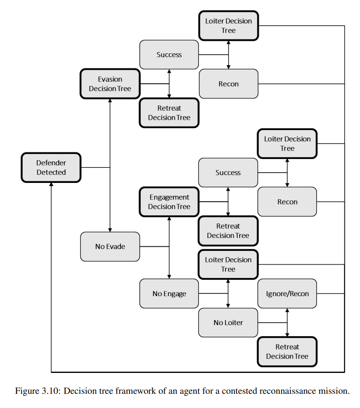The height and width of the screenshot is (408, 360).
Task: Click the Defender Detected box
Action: pyautogui.click(x=51, y=167)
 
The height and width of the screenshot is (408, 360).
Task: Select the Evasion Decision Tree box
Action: pyautogui.click(x=110, y=84)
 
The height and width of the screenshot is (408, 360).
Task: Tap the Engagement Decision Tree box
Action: pyautogui.click(x=169, y=202)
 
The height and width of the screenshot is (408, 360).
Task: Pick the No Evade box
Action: pyautogui.click(x=110, y=247)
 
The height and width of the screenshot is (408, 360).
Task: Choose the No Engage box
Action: pyautogui.click(x=169, y=293)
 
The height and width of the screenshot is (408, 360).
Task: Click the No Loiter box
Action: pyautogui.click(x=228, y=323)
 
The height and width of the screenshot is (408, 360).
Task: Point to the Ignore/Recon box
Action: pyautogui.click(x=287, y=293)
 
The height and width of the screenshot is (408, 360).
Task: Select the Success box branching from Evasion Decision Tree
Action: pyautogui.click(x=169, y=55)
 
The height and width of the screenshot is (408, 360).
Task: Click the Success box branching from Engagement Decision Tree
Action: pyautogui.click(x=228, y=173)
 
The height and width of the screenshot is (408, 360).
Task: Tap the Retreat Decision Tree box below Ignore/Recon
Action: pyautogui.click(x=287, y=352)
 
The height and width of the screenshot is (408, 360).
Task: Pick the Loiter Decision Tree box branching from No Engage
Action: pyautogui.click(x=228, y=264)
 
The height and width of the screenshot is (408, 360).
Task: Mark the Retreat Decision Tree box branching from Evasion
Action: pyautogui.click(x=169, y=113)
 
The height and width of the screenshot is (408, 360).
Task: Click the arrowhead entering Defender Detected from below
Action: pyautogui.click(x=51, y=184)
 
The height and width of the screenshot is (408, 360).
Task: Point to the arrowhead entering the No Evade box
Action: pyautogui.click(x=110, y=230)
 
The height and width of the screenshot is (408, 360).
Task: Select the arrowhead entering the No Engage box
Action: pyautogui.click(x=169, y=277)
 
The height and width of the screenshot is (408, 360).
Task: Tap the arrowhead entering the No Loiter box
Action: pyautogui.click(x=228, y=306)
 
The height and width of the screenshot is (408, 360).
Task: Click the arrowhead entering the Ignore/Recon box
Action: pyautogui.click(x=287, y=310)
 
